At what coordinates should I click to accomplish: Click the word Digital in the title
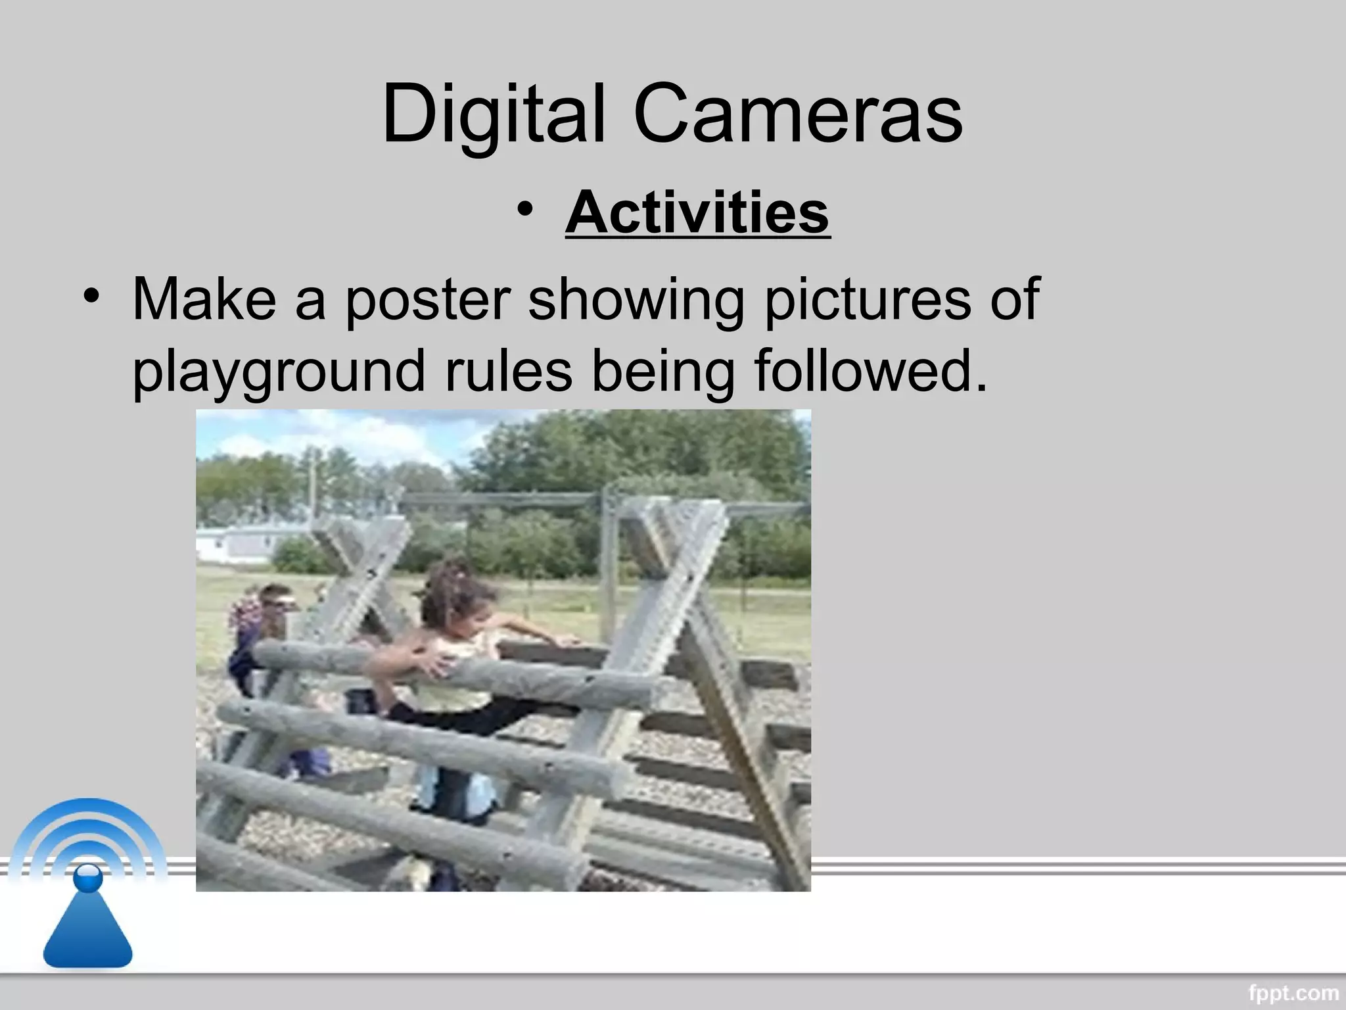pos(493,115)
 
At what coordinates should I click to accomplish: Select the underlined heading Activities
pos(697,212)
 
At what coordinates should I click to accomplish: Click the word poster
pos(428,300)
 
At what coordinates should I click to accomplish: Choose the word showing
pos(636,300)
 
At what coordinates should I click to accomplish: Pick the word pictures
pos(866,300)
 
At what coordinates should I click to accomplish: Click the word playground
pos(279,372)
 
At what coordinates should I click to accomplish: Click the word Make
pos(204,299)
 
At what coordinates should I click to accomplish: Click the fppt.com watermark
pos(1293,992)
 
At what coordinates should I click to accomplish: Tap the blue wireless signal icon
pos(87,881)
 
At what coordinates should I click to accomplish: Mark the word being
pos(662,371)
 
